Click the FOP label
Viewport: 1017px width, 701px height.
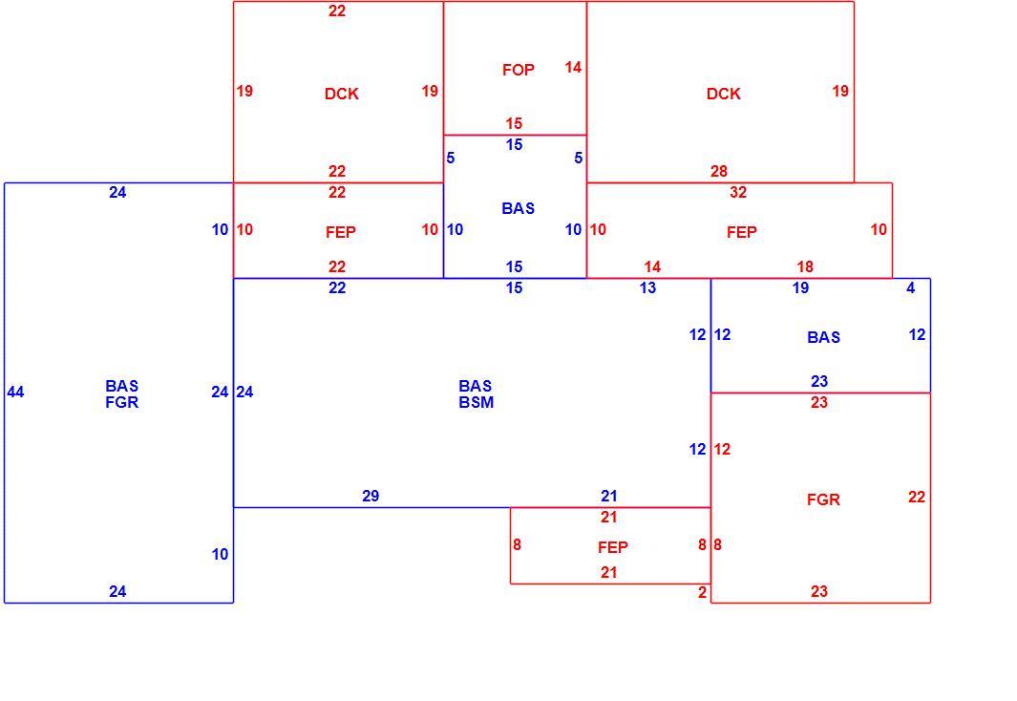[519, 70]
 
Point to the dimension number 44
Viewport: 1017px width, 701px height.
[15, 392]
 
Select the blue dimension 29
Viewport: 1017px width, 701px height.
[371, 496]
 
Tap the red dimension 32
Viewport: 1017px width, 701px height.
[738, 193]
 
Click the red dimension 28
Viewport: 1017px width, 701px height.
[719, 171]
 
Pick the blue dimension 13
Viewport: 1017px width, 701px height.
[648, 287]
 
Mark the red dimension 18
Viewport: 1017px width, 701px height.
[805, 266]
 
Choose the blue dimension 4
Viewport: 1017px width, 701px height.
[911, 287]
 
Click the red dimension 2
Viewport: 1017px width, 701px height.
[702, 591]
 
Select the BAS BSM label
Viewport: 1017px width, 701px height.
[477, 394]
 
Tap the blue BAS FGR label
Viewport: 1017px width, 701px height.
[122, 394]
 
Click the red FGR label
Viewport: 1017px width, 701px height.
[824, 500]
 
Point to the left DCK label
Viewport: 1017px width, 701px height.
[342, 94]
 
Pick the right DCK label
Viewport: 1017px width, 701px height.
[724, 94]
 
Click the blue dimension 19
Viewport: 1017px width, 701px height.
[800, 287]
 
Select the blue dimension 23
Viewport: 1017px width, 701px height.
[819, 381]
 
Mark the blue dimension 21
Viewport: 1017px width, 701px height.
[608, 496]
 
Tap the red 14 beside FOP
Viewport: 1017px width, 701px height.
[573, 68]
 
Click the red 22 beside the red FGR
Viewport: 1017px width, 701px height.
[917, 497]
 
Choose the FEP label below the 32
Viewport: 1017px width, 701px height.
[742, 232]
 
